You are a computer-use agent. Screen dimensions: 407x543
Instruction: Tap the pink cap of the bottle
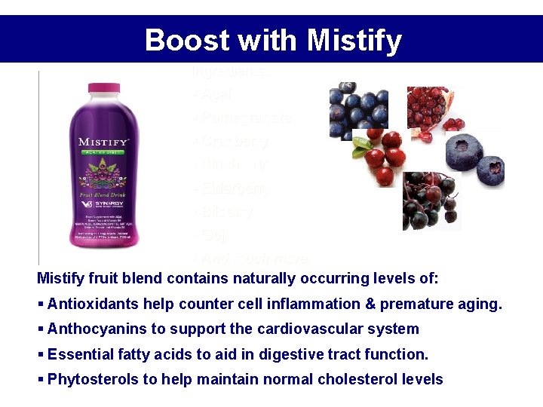point(104,87)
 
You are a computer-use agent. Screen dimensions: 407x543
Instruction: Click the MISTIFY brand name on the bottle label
point(104,142)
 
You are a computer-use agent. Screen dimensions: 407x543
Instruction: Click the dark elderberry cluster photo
point(430,201)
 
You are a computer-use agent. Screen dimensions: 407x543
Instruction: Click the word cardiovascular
point(302,329)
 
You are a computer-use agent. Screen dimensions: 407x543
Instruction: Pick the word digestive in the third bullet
point(269,354)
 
